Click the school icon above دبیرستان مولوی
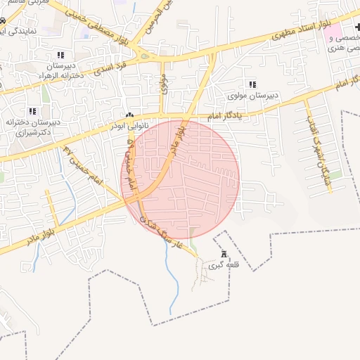[x=252, y=84]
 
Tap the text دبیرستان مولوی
[x=252, y=95]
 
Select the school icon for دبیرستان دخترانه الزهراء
[x=60, y=55]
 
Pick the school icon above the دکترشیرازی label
[x=32, y=110]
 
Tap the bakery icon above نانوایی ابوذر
[x=129, y=115]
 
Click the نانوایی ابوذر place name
[x=128, y=125]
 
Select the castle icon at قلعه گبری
[x=224, y=254]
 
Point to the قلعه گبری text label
[x=224, y=266]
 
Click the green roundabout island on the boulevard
[x=146, y=57]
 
